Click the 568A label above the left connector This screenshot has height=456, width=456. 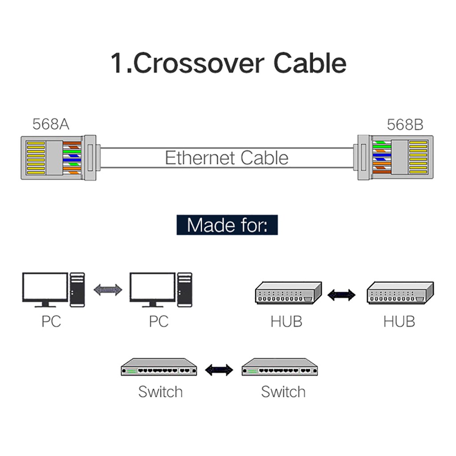coord(51,124)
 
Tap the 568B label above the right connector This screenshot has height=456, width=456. coord(404,124)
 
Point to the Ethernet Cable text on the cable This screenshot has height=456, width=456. coord(226,158)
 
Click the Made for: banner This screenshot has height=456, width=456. coord(227,225)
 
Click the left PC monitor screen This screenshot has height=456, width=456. coord(45,287)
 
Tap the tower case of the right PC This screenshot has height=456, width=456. coord(185,289)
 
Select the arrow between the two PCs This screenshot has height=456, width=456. coord(108,290)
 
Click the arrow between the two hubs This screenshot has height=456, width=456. coord(342,294)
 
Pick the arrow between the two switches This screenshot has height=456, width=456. coord(219,369)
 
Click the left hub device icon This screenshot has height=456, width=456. coord(288,293)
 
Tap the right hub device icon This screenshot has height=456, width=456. coord(399,293)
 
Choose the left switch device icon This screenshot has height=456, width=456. coord(159,367)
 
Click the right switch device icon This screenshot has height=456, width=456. coord(280,367)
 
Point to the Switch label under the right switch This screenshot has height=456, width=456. coord(283,392)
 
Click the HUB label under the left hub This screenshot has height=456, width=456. coord(286,321)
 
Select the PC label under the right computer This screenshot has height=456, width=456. coord(159,321)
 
